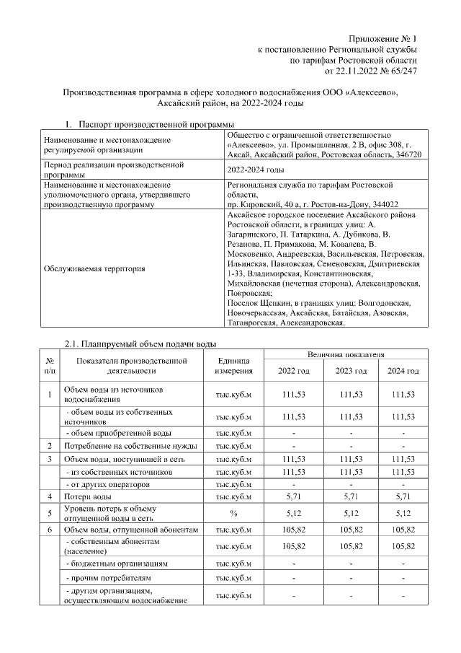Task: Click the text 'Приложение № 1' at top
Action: point(382,38)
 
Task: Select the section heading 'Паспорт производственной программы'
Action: point(156,124)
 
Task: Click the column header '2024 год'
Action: point(403,371)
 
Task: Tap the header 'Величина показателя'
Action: point(342,355)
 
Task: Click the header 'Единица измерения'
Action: point(233,366)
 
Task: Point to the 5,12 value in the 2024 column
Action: point(403,514)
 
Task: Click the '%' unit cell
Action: point(233,514)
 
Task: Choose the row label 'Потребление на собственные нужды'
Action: point(122,446)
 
